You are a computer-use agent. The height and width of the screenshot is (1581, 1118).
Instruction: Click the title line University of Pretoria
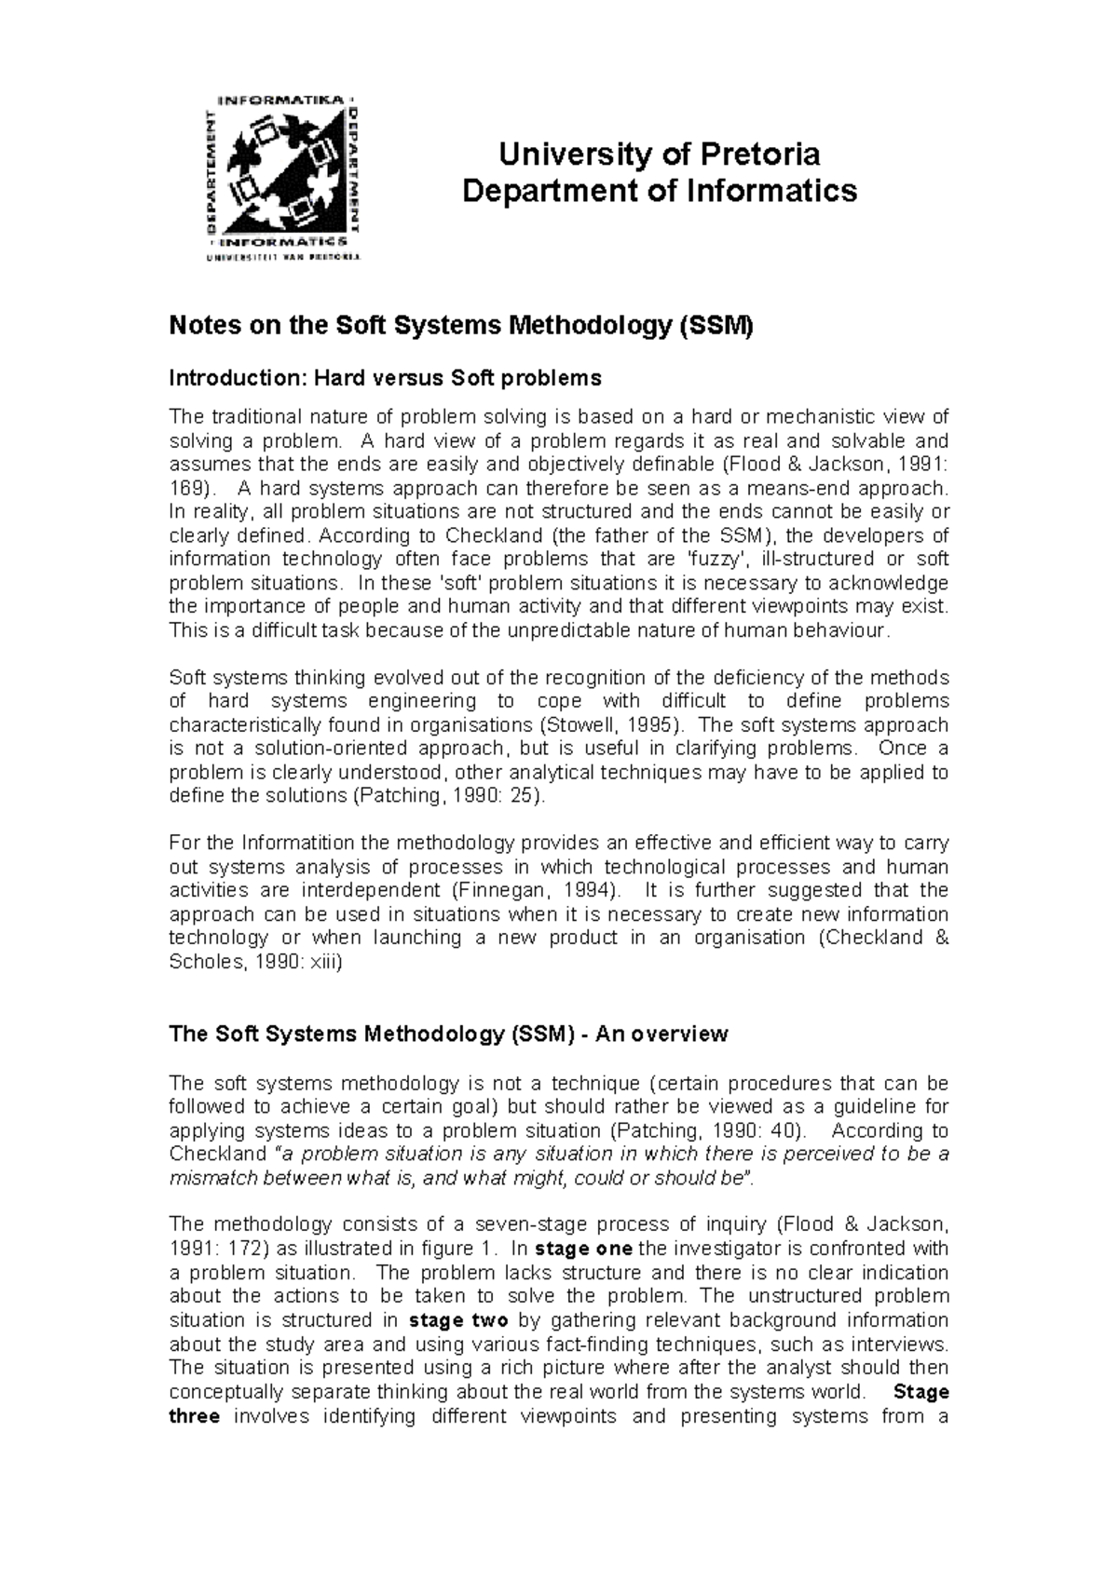659,154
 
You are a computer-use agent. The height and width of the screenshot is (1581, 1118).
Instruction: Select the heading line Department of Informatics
659,191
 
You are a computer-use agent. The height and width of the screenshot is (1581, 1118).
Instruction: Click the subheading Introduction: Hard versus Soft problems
385,378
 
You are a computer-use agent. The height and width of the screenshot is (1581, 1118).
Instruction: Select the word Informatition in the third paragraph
299,844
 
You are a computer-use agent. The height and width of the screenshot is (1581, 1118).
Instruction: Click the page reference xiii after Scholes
321,962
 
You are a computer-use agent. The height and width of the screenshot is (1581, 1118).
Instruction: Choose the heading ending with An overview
448,1034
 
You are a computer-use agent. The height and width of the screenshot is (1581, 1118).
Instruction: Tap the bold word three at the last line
194,1416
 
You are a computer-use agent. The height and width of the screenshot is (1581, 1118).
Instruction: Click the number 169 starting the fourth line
184,489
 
